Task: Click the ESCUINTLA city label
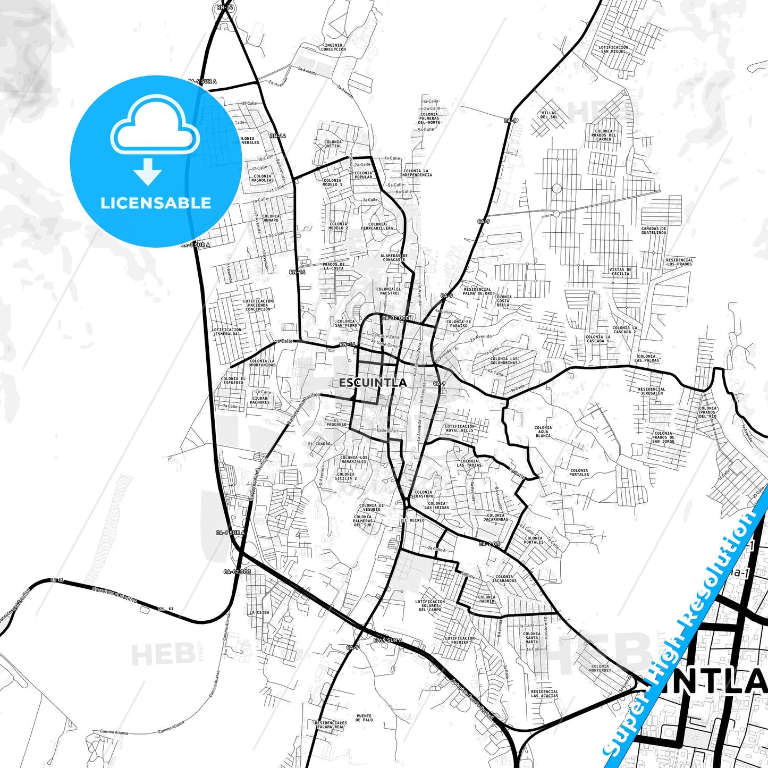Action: tap(373, 383)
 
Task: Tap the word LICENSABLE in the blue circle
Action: tap(156, 203)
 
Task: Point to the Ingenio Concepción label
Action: tap(334, 47)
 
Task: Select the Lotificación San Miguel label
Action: tap(613, 49)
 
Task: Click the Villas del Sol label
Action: tap(549, 115)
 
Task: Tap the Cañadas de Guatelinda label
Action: tap(653, 230)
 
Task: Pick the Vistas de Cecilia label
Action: tap(620, 272)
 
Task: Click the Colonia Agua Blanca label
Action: tap(543, 432)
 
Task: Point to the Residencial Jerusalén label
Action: tap(651, 391)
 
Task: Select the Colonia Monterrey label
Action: tap(600, 668)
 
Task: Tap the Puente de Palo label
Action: tap(364, 718)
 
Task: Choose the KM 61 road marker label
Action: tap(166, 608)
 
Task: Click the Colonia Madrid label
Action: tap(486, 599)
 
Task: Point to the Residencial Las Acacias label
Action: tap(544, 694)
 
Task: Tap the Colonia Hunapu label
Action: tap(271, 218)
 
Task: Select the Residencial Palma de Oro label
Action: tap(477, 291)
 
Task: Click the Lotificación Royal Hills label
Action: tap(460, 428)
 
